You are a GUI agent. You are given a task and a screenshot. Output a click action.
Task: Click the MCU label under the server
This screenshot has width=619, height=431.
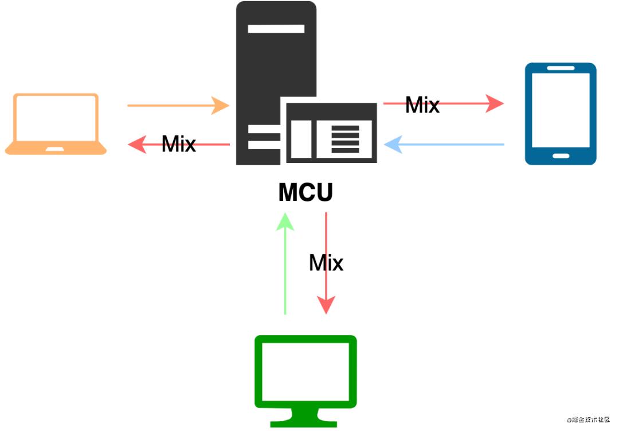(x=305, y=193)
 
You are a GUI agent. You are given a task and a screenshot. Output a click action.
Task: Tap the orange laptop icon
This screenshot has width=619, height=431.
(x=56, y=124)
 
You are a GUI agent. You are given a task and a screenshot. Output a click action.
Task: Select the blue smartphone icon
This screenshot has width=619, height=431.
(x=561, y=114)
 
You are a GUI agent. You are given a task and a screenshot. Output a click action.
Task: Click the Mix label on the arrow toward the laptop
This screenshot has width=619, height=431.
(x=179, y=143)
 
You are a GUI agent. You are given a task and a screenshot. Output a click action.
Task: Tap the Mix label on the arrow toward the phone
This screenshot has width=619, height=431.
(x=422, y=105)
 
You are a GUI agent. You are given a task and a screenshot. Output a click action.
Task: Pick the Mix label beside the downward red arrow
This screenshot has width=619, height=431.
(x=326, y=263)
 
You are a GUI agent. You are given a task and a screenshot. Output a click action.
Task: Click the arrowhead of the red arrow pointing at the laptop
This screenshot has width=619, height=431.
(x=136, y=145)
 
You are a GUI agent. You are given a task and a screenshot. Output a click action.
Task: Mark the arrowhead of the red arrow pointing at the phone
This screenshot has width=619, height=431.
(x=494, y=104)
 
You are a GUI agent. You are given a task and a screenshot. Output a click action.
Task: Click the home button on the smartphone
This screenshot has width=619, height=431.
(x=561, y=156)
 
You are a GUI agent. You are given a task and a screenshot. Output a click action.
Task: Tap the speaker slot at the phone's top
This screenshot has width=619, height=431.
(x=561, y=68)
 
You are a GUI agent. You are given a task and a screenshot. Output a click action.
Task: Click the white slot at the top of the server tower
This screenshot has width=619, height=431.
(x=276, y=28)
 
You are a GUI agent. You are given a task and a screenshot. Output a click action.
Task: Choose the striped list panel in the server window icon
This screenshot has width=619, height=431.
(x=344, y=138)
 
